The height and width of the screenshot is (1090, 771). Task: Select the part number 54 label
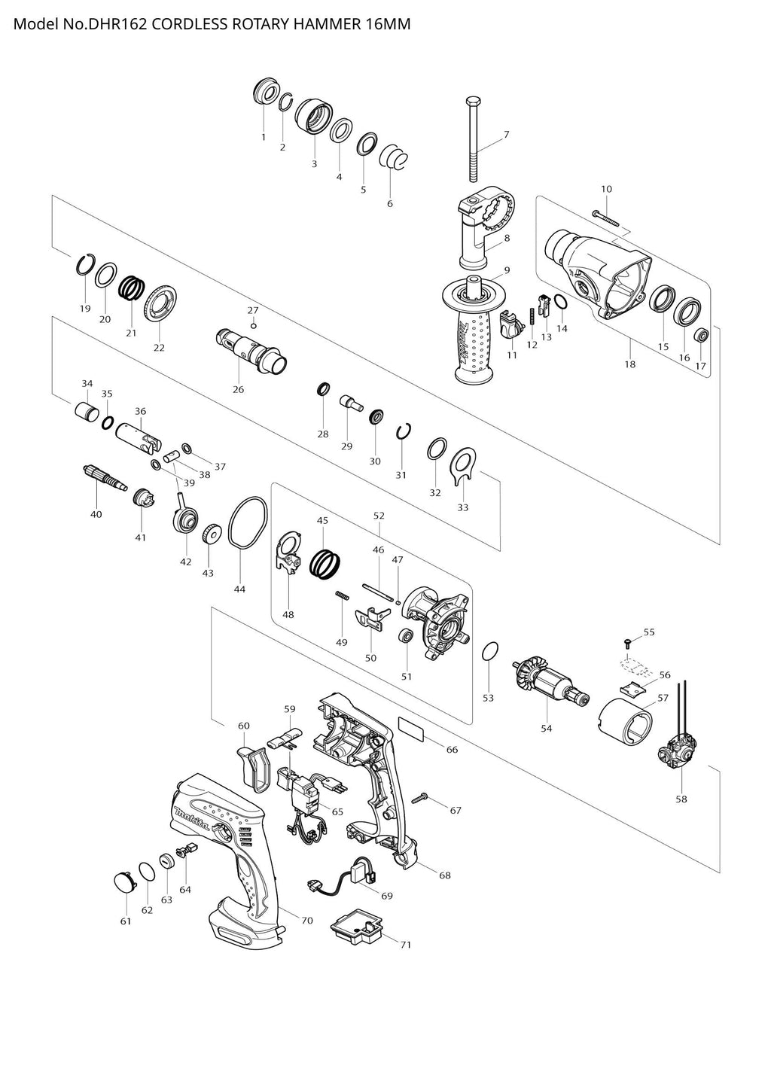click(x=546, y=728)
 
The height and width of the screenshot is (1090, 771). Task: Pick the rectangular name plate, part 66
click(x=411, y=728)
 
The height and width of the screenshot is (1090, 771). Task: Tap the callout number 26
click(x=238, y=389)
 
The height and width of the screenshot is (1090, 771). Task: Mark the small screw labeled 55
click(x=627, y=641)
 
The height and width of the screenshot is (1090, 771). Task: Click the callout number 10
click(x=607, y=188)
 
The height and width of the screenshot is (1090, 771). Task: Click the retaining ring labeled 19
click(x=87, y=266)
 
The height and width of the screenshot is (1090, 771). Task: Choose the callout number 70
click(x=306, y=921)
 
